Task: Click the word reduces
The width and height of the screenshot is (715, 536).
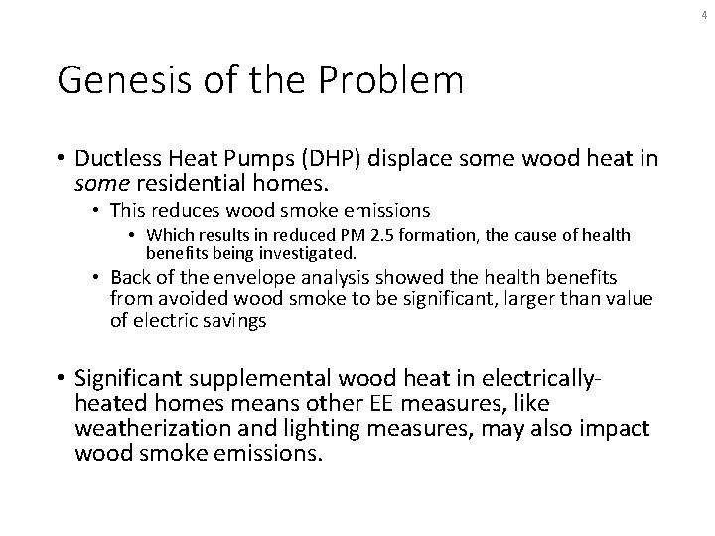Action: point(184,211)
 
